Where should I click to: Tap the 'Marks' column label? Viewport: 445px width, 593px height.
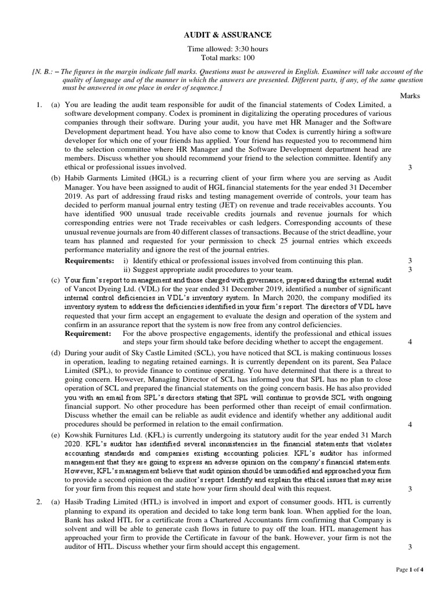(410, 96)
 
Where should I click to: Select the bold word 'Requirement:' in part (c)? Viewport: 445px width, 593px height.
(87, 334)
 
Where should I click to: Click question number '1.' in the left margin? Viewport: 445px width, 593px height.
(39, 104)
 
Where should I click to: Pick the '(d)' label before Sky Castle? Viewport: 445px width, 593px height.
(56, 353)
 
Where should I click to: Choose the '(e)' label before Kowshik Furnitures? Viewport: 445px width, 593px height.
(56, 435)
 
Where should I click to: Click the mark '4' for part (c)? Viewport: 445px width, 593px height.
(410, 342)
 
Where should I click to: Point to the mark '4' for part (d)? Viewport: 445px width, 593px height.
(410, 424)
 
